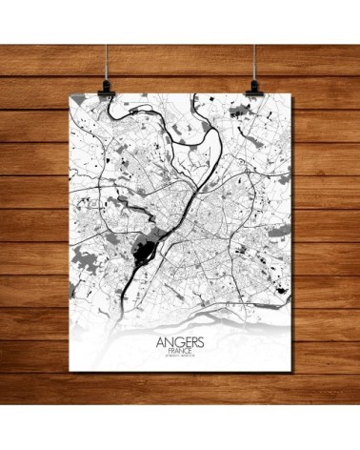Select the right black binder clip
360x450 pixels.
point(255,84)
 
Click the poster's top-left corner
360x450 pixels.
point(72,96)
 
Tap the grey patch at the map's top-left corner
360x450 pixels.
point(80,104)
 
